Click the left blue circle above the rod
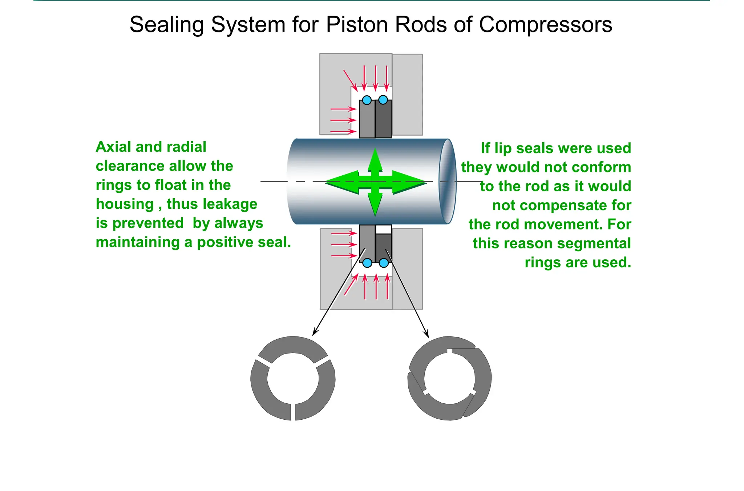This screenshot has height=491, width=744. (x=367, y=100)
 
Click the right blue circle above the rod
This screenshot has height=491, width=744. (x=383, y=100)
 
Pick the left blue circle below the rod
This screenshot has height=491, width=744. (x=367, y=263)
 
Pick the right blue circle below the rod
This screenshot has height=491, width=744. (x=384, y=263)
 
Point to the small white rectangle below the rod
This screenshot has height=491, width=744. (x=383, y=229)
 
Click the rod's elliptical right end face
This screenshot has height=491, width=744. (x=448, y=181)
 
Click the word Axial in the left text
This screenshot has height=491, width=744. (x=113, y=147)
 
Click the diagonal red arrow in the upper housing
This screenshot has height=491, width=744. (x=350, y=80)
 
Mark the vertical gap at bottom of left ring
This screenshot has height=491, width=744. (x=293, y=412)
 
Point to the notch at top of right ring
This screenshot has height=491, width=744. (x=449, y=351)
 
